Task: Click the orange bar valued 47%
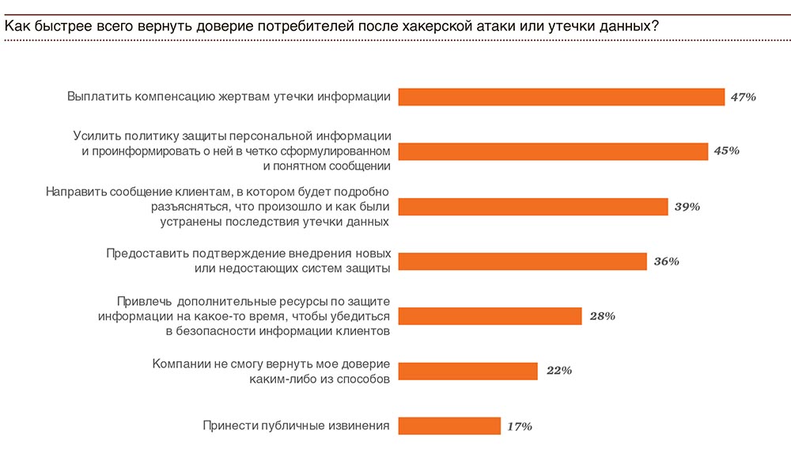562,97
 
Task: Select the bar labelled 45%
553,151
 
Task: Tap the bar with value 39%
533,207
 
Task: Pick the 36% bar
523,261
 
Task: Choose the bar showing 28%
490,316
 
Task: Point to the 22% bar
467,371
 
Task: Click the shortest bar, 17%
449,426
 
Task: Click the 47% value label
744,97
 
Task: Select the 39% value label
687,207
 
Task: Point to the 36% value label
667,261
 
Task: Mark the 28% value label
602,316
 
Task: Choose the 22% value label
558,371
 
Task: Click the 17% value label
519,426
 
